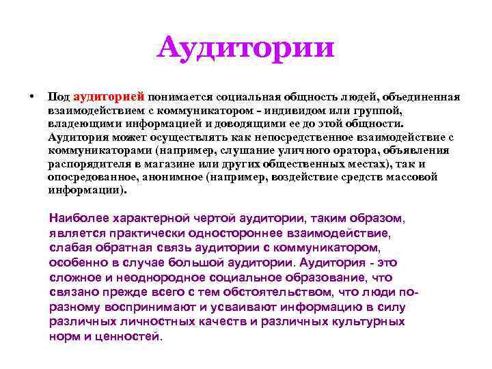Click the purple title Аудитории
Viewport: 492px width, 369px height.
point(245,48)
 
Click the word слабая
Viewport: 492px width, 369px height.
point(68,248)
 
